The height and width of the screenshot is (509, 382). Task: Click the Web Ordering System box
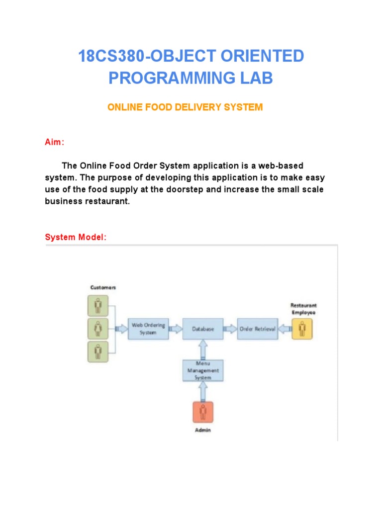(x=148, y=329)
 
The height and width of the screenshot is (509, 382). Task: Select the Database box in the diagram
(x=203, y=329)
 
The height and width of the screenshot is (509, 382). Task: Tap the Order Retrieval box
(x=257, y=329)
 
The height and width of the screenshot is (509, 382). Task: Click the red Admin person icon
(x=203, y=412)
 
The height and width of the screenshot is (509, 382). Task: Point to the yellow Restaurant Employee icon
(x=302, y=329)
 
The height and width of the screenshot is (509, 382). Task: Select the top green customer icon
(x=98, y=306)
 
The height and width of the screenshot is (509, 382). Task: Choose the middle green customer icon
(x=98, y=329)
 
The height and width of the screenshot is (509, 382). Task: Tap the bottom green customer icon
(x=98, y=351)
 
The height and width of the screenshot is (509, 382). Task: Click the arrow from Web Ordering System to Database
(x=175, y=329)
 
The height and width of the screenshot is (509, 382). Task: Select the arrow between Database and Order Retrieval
(x=230, y=329)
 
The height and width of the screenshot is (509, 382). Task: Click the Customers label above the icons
(x=103, y=287)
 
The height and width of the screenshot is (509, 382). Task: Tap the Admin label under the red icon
(x=203, y=430)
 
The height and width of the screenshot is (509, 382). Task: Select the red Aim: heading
(x=54, y=142)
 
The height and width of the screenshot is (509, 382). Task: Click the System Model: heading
(x=76, y=237)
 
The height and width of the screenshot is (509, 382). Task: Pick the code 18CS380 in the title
(x=110, y=57)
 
